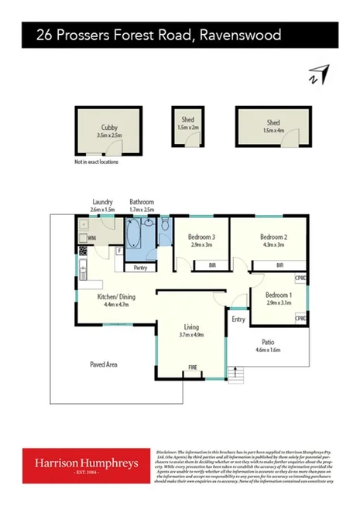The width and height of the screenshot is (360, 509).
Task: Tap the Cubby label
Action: pos(109,128)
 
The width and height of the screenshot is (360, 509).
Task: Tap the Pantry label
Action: pos(141,268)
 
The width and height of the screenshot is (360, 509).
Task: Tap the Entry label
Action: pos(238,318)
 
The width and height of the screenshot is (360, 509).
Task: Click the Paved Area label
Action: pos(103,364)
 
